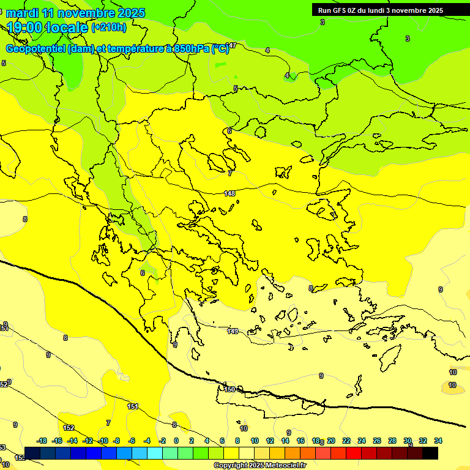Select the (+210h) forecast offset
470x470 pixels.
(x=109, y=27)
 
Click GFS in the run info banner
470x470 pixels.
(x=341, y=10)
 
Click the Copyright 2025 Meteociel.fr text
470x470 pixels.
(x=259, y=466)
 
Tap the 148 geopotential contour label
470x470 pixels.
(x=229, y=193)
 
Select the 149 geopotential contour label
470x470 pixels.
(x=233, y=331)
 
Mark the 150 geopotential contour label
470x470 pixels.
(x=229, y=389)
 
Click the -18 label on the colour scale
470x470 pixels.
(x=42, y=441)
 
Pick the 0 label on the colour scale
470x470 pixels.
(x=176, y=441)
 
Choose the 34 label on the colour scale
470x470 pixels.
(x=438, y=441)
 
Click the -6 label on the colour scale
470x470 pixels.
(x=131, y=441)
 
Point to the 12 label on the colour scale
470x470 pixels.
(x=269, y=441)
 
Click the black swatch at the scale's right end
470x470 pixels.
(x=430, y=453)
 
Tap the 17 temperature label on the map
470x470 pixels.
(x=233, y=46)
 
